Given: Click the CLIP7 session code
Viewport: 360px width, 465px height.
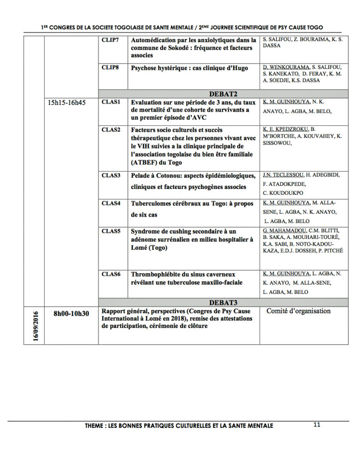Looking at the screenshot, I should (x=110, y=40).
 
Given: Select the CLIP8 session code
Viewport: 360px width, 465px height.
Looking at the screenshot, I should (x=110, y=68).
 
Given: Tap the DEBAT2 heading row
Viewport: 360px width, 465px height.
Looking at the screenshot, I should (x=223, y=94).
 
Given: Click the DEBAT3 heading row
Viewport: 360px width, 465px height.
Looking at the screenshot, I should (x=223, y=302).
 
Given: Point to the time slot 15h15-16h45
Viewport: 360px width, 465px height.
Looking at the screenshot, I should (x=67, y=103).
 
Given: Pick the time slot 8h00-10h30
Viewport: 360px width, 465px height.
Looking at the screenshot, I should (x=71, y=313).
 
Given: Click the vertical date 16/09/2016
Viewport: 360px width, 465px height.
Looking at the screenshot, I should (x=36, y=326).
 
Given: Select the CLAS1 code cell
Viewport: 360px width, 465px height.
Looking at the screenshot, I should (x=111, y=102).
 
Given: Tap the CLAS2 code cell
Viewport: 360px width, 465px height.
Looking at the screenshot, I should (x=111, y=130).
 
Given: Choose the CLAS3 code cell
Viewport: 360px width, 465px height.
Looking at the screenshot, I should (x=111, y=175).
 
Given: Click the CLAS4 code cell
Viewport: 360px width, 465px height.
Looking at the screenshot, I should (x=111, y=203).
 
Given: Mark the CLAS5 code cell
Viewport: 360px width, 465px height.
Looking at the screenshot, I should (x=111, y=231).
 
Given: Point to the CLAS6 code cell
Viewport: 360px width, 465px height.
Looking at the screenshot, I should (x=111, y=274).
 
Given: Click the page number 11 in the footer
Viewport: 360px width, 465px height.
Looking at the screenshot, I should (x=317, y=425).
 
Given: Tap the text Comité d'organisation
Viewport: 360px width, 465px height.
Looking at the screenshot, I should (x=299, y=311).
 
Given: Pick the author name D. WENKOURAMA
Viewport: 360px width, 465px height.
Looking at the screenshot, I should (x=286, y=67).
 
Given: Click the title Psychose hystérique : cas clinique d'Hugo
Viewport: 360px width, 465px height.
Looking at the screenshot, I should (x=190, y=69).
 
